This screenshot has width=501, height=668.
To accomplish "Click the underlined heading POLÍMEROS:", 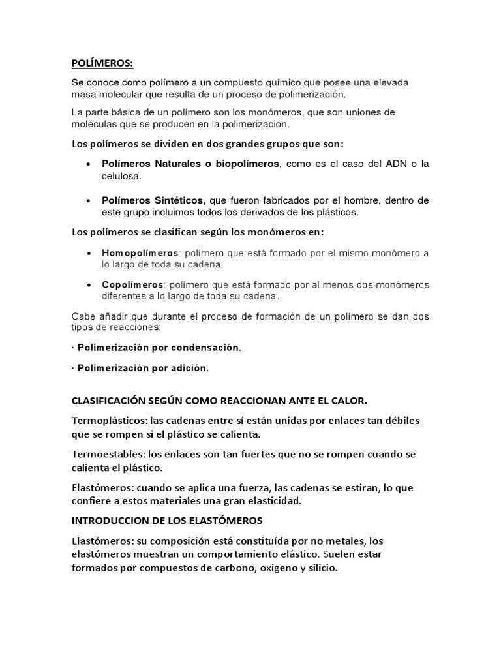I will (x=101, y=63).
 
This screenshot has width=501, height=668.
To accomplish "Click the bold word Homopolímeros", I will (x=140, y=252).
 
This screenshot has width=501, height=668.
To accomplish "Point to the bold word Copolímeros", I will (x=132, y=284).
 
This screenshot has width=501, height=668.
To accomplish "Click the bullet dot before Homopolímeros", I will (x=88, y=252).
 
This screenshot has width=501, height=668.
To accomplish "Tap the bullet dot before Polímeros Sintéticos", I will (x=88, y=200).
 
